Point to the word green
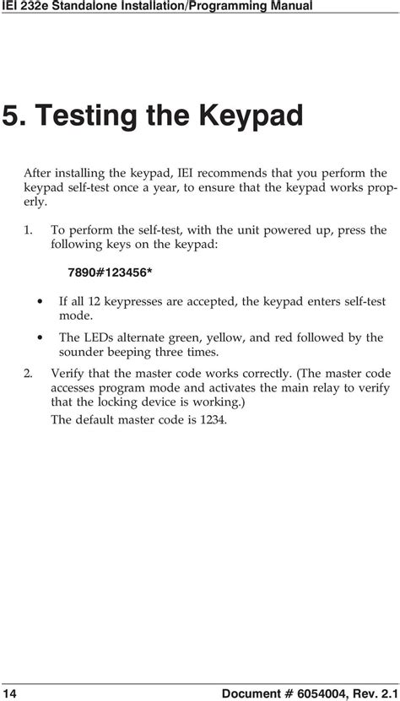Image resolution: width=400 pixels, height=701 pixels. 168,337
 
